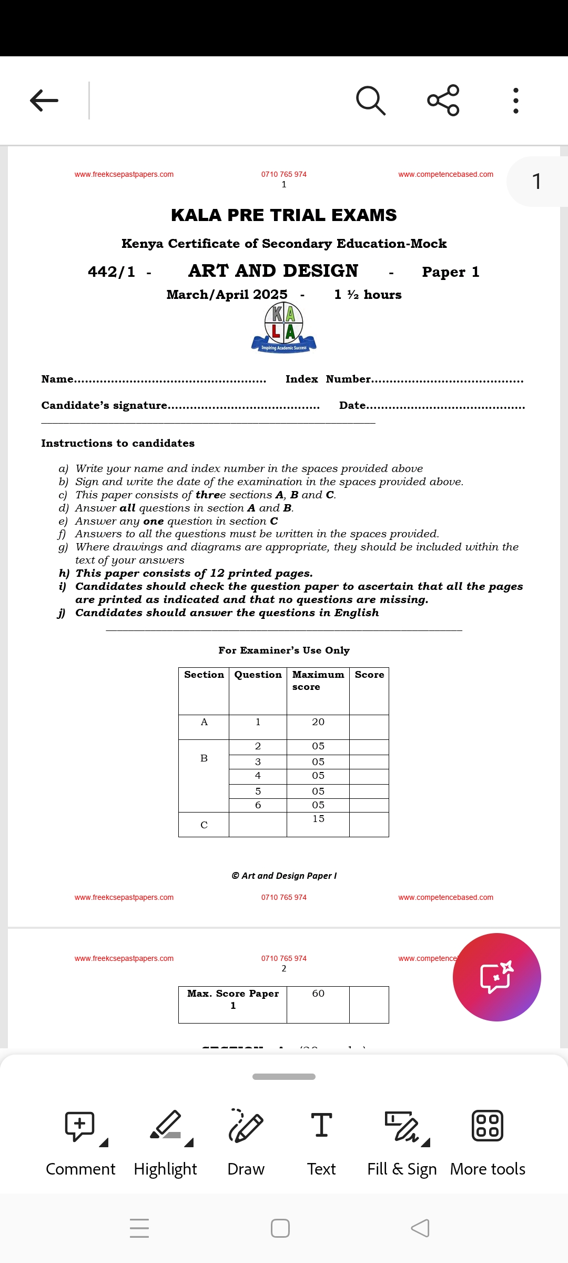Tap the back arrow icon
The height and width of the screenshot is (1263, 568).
pyautogui.click(x=44, y=101)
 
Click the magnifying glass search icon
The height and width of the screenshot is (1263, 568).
pyautogui.click(x=371, y=100)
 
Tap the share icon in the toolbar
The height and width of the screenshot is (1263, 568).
pyautogui.click(x=443, y=100)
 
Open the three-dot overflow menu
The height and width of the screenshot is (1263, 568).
pyautogui.click(x=516, y=101)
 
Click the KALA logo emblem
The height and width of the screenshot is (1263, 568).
pyautogui.click(x=284, y=327)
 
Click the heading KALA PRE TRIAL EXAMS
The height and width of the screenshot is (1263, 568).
pyautogui.click(x=284, y=215)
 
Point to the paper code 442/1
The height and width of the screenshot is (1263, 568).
pyautogui.click(x=111, y=272)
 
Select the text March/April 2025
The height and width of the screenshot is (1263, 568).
pyautogui.click(x=227, y=294)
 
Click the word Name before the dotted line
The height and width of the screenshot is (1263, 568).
pyautogui.click(x=57, y=379)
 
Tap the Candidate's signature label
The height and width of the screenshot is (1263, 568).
pyautogui.click(x=104, y=405)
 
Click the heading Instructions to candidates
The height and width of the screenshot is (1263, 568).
pyautogui.click(x=118, y=443)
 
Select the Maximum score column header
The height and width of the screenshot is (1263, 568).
pyautogui.click(x=318, y=680)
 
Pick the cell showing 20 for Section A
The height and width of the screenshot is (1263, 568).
pyautogui.click(x=318, y=722)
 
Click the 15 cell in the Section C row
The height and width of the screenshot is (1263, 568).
pyautogui.click(x=318, y=819)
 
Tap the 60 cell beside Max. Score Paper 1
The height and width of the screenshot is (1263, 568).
pyautogui.click(x=318, y=994)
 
